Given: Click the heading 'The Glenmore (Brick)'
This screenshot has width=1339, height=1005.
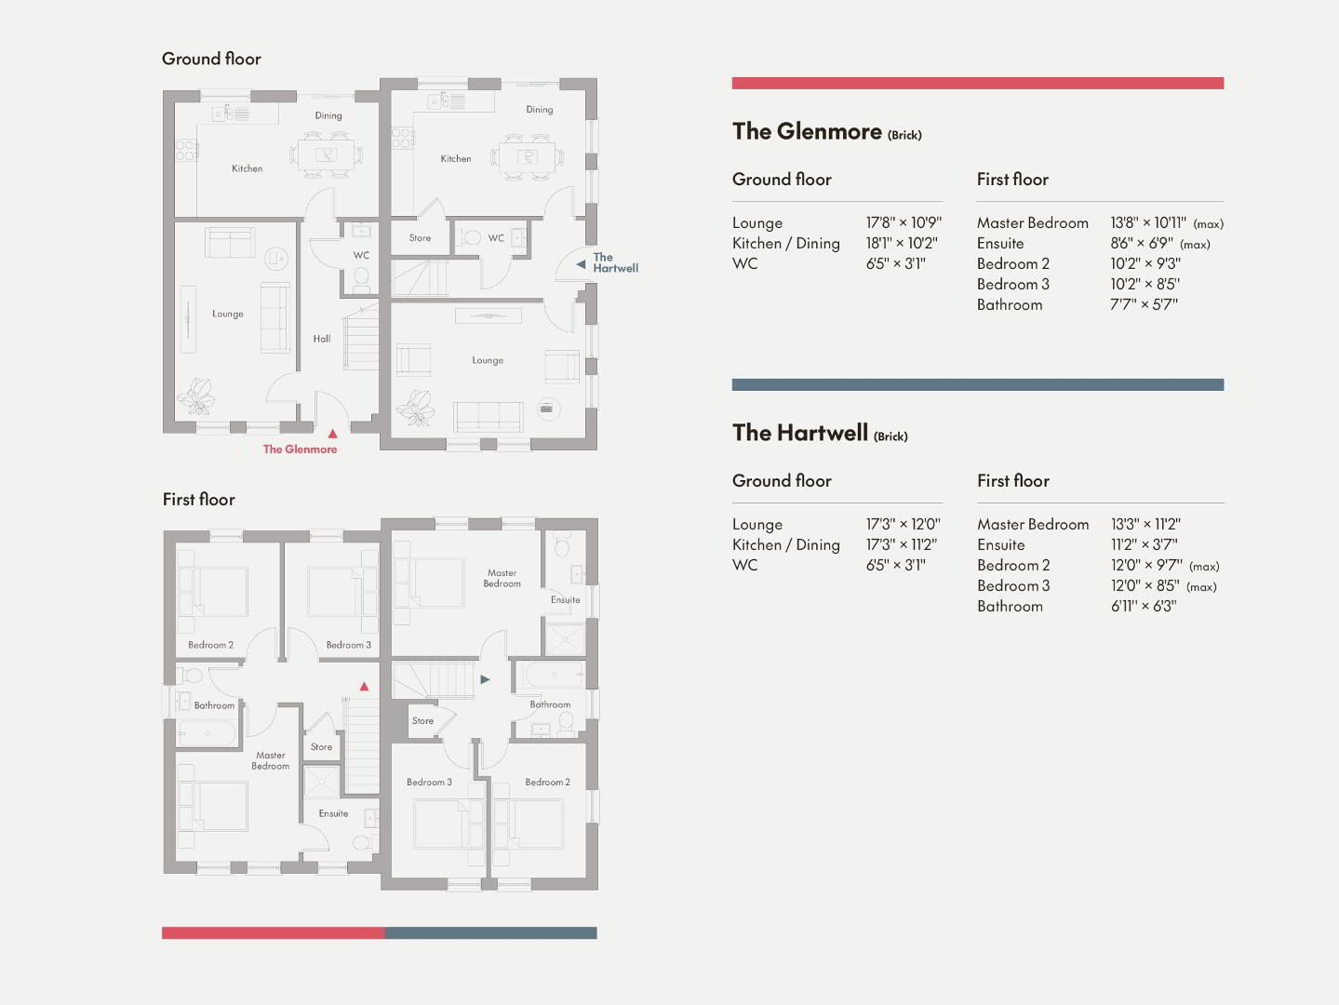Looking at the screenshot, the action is click(x=826, y=132).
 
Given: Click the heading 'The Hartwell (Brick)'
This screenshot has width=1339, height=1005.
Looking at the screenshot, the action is click(x=820, y=433).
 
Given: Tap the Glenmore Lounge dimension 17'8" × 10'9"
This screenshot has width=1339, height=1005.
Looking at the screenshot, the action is click(x=904, y=222).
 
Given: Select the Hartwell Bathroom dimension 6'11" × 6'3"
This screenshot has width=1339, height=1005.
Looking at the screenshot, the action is click(x=1144, y=606).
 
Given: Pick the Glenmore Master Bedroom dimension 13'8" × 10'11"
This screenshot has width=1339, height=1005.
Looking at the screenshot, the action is click(x=1148, y=222).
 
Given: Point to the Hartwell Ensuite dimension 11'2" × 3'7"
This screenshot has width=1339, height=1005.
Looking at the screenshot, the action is click(x=1144, y=544).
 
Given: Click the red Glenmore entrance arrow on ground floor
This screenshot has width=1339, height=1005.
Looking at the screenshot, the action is click(x=332, y=434).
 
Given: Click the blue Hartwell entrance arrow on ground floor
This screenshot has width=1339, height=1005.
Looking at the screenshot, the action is click(x=581, y=264).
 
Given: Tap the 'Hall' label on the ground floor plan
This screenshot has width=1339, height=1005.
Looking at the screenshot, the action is click(x=322, y=339).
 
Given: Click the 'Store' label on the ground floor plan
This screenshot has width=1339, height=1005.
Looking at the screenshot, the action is click(x=420, y=238).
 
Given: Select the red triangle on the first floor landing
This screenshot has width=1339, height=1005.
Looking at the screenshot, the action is click(x=364, y=686).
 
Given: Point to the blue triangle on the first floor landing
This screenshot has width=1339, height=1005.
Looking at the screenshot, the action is click(x=485, y=679).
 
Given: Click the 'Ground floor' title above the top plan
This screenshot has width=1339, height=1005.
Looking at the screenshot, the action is click(x=211, y=59).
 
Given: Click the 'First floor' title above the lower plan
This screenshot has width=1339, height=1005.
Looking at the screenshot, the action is click(x=198, y=500).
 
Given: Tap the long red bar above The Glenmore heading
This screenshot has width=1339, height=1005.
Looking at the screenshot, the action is click(x=978, y=83).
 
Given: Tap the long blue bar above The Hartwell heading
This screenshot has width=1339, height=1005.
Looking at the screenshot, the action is click(x=978, y=384).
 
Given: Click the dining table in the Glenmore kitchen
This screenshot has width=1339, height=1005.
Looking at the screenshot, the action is click(x=325, y=154).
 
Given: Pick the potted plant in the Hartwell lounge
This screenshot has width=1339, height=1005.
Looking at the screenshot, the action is click(x=415, y=408).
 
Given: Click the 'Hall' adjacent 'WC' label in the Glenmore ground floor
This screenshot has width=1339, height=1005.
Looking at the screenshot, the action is click(x=361, y=255).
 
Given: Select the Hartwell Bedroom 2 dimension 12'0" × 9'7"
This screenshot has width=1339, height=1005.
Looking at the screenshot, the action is click(x=1146, y=566).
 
